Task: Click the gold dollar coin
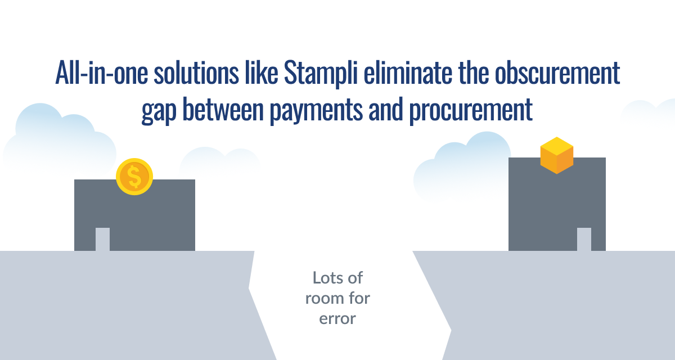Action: [134, 177]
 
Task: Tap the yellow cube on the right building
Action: [556, 155]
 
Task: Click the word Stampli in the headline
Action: [321, 73]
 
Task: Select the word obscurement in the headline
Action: [557, 73]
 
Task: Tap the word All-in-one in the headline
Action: [102, 73]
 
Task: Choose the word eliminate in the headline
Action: [408, 73]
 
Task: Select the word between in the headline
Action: [223, 109]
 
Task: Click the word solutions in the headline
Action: [196, 73]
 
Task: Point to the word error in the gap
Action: [337, 319]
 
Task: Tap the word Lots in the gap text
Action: [326, 277]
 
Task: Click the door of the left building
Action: [102, 239]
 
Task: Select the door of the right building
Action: [584, 239]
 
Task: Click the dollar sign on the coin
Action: [134, 177]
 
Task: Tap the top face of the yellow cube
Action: [556, 146]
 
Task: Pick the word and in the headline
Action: [386, 109]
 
